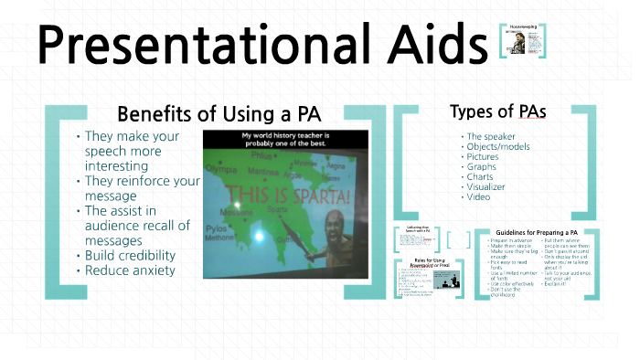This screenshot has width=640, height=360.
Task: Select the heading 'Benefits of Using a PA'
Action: [x=219, y=115]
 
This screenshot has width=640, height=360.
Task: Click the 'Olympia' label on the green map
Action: [x=220, y=170]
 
